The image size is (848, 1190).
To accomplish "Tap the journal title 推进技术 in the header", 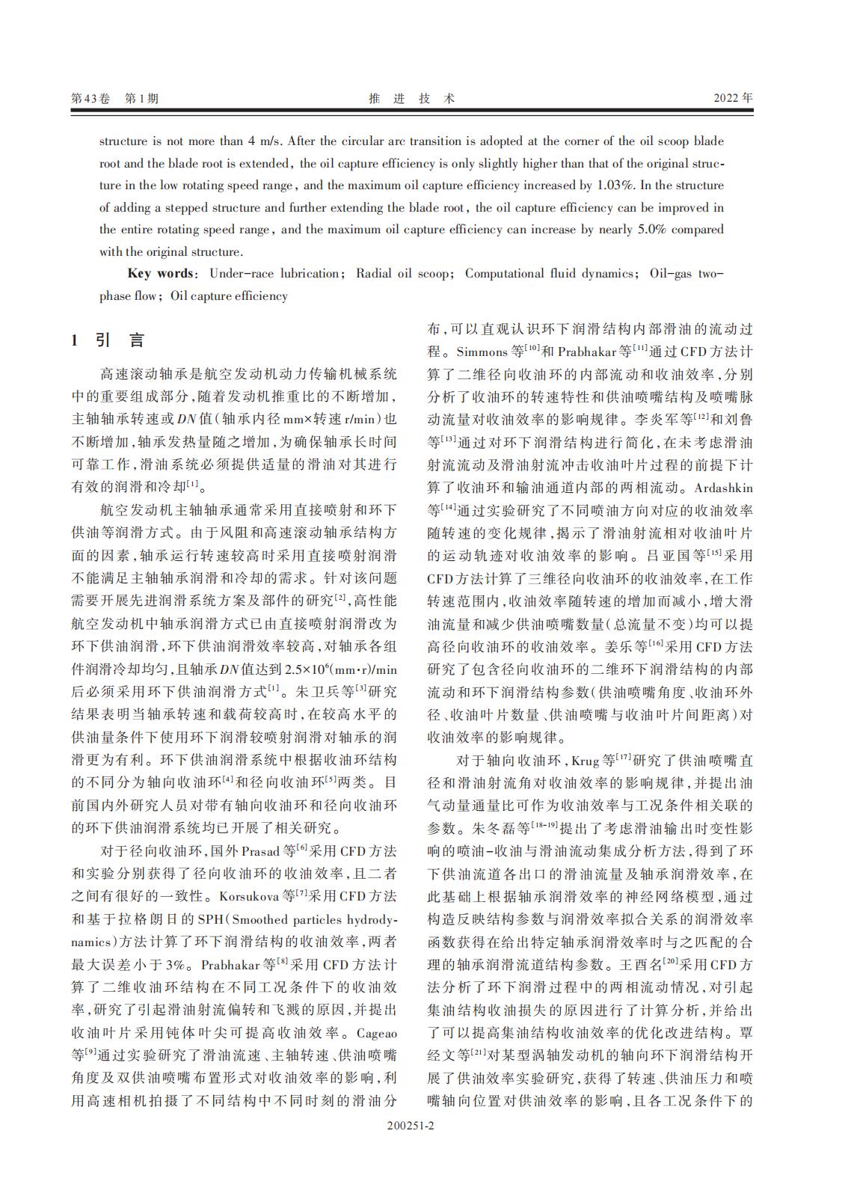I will click(x=412, y=98).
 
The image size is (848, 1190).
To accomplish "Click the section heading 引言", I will click(x=120, y=340).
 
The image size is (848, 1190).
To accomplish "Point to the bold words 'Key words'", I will click(x=160, y=274).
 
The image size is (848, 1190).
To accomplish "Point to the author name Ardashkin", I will click(x=724, y=488).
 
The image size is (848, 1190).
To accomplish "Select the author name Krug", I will click(x=585, y=761).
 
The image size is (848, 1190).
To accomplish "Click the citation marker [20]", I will click(x=670, y=963).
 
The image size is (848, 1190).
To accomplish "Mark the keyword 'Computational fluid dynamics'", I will click(x=549, y=274).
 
